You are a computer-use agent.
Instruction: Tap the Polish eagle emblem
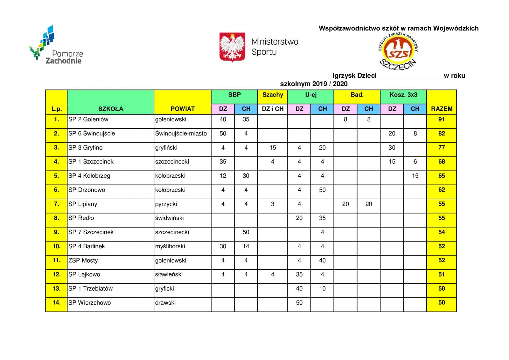coord(232,47)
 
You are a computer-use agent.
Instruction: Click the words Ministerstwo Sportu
coord(275,46)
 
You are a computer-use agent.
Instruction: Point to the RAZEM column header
coord(442,109)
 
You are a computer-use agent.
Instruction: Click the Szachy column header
coord(273,95)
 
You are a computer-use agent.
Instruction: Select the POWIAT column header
coord(182,109)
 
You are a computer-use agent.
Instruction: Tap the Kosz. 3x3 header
coord(403,95)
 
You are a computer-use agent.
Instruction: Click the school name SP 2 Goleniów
coord(88,120)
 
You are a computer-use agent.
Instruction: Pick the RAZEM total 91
coord(442,120)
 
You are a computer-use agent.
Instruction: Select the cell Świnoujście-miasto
coord(181,134)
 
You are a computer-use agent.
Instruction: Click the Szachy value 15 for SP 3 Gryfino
coord(273,148)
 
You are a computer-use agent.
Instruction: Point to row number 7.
coord(56,204)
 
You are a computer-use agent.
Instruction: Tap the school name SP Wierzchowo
coord(90,303)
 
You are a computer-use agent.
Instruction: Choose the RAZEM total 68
coord(442,162)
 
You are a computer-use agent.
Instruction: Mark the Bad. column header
coord(357,95)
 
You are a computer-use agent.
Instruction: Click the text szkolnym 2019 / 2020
coord(314,84)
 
